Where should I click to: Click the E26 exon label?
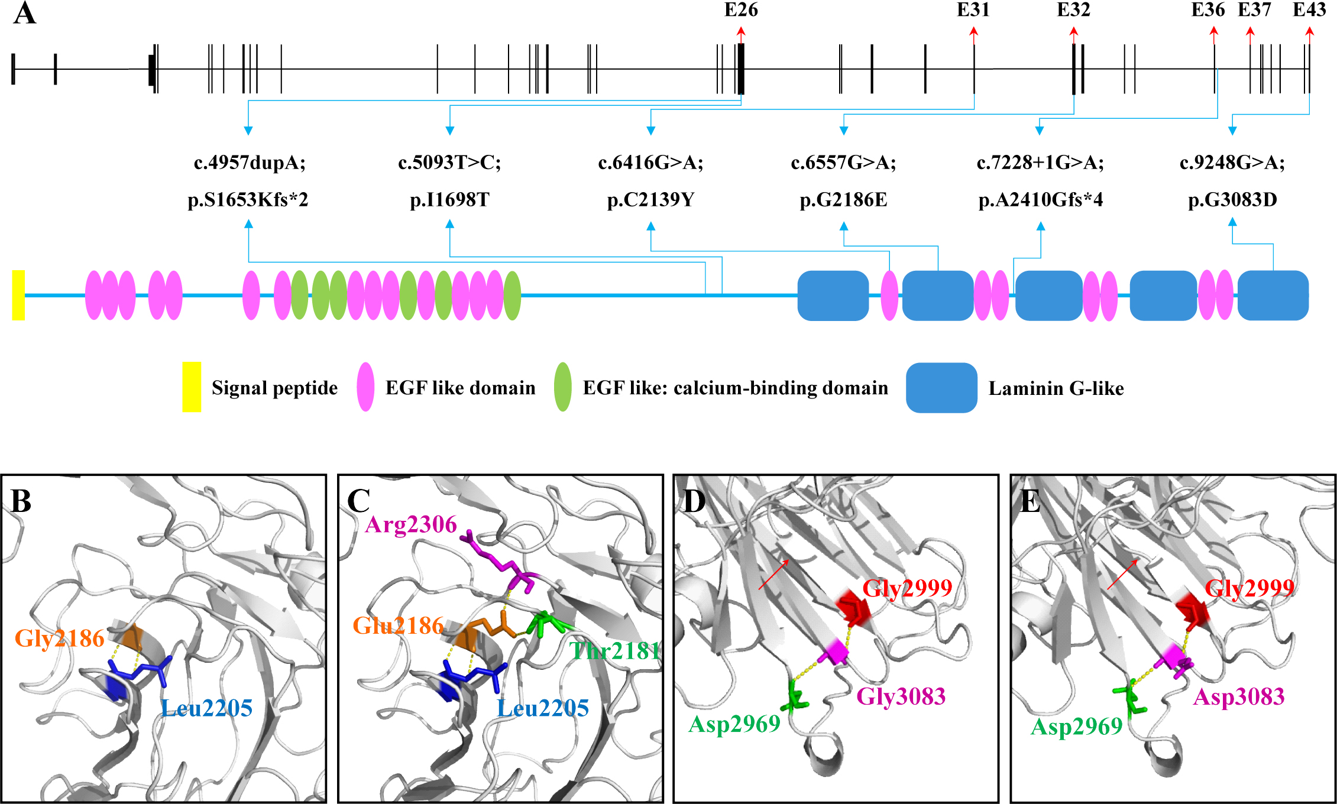point(741,10)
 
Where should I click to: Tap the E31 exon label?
point(973,10)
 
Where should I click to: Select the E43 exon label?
point(1309,10)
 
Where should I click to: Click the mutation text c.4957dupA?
point(250,162)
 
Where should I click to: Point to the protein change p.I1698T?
point(449,200)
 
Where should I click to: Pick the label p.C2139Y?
point(650,200)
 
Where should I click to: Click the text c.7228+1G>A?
point(1040,162)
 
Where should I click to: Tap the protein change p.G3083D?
point(1232,200)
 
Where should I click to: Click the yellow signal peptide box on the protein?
point(18,295)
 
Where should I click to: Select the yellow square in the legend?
point(192,387)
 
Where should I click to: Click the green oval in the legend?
point(562,387)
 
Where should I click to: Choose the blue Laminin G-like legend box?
point(941,387)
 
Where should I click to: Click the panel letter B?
point(21,501)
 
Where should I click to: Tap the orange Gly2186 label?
point(59,638)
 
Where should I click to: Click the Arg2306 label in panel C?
point(411,524)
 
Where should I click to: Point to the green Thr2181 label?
point(614,651)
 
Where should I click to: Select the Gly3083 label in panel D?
point(901,696)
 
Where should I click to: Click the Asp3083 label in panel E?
point(1239,697)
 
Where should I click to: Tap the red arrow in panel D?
point(773,575)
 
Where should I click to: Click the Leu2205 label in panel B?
point(207,708)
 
